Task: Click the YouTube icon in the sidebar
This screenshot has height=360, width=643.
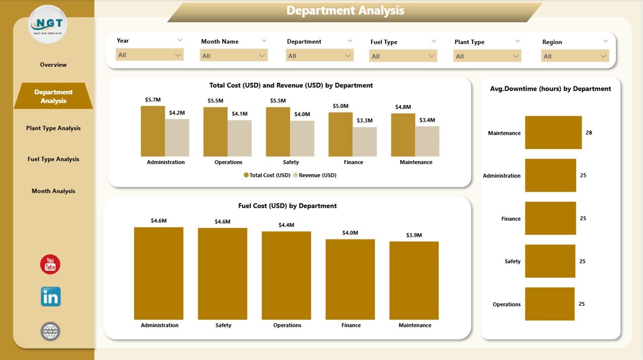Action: pos(50,264)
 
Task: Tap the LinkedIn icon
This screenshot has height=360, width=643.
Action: pos(51,297)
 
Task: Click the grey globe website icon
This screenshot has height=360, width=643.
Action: pos(50,331)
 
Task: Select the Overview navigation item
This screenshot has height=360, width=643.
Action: pos(53,65)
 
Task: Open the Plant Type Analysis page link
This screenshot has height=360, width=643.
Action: pos(53,128)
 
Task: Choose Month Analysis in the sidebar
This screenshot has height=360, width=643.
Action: pos(53,191)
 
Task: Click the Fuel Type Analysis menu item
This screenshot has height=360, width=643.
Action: pos(53,159)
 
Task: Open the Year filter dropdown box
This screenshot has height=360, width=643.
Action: pos(149,55)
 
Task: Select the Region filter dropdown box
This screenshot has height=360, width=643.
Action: pos(575,56)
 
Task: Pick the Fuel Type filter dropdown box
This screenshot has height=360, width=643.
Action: pos(403,56)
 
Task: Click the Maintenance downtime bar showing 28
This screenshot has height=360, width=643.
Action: pos(553,133)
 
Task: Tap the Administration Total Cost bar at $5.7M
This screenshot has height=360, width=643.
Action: pos(153,131)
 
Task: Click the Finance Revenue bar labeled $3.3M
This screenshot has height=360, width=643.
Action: pos(365,142)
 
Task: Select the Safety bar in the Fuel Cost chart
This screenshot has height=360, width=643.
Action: pos(223,274)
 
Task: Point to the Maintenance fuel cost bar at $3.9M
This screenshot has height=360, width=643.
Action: pos(414,280)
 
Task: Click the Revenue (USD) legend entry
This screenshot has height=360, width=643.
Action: pos(315,175)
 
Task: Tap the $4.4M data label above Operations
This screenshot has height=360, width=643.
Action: pos(286,225)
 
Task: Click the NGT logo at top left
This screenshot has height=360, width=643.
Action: pos(48,24)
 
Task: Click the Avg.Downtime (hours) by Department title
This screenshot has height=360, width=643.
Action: pos(550,89)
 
